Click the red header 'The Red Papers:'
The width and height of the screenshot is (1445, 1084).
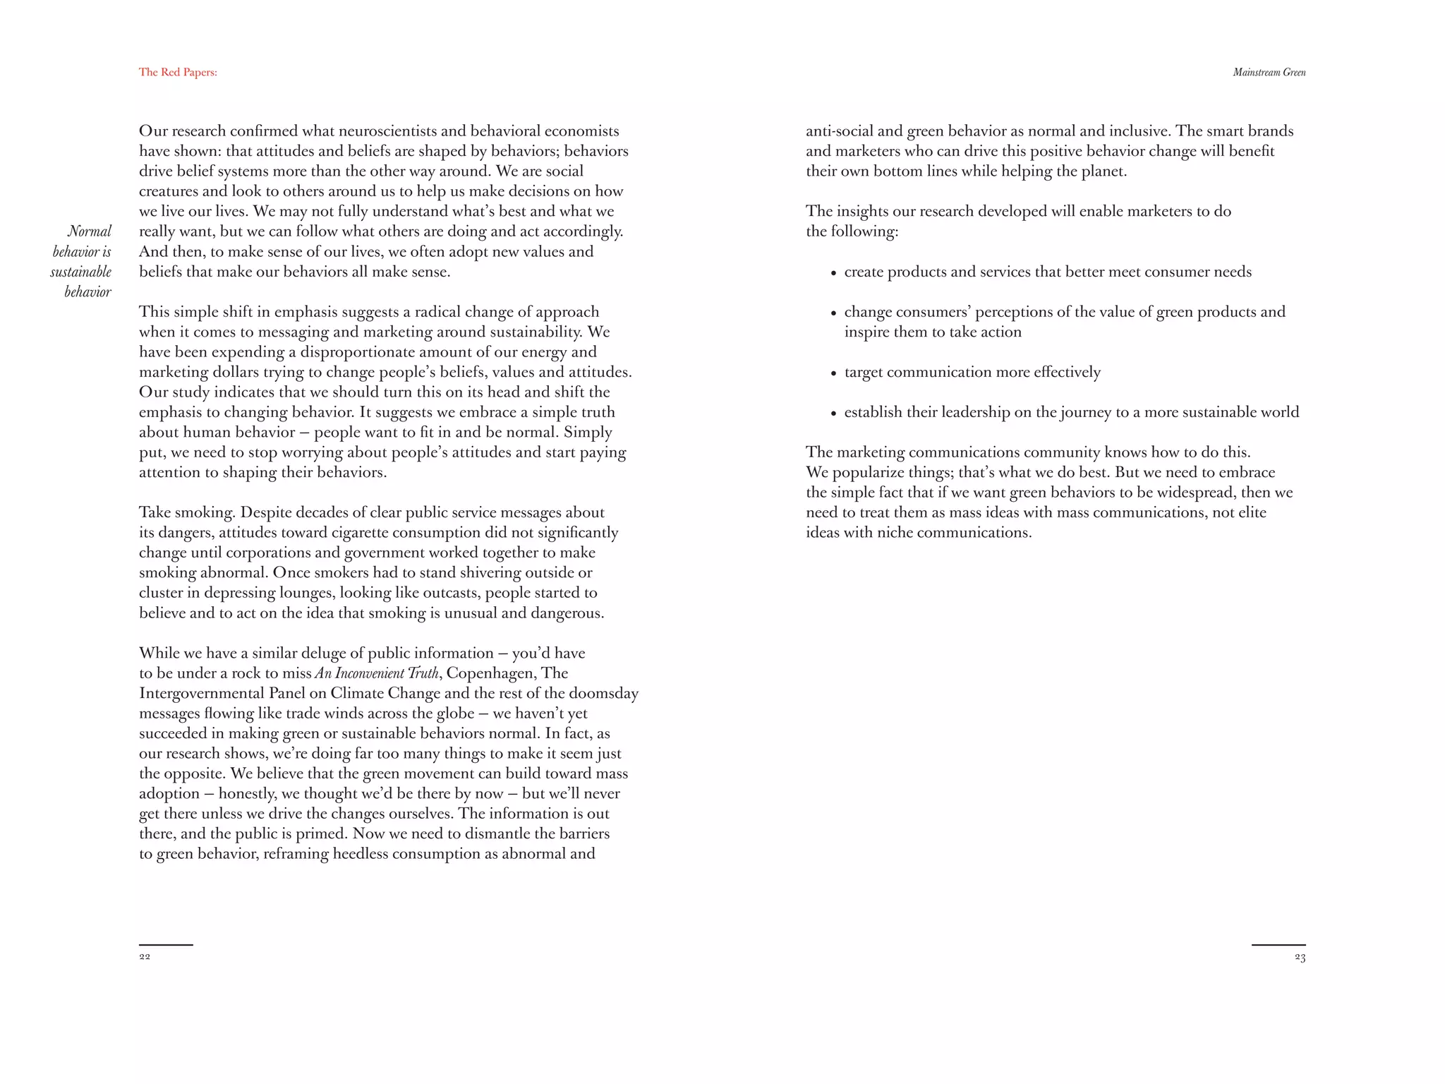coord(178,72)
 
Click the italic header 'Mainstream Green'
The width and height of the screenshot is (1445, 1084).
coord(1269,72)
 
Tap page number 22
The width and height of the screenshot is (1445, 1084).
coord(145,957)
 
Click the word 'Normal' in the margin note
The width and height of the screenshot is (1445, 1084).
coord(90,231)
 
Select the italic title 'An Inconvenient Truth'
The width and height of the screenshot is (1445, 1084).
coord(377,673)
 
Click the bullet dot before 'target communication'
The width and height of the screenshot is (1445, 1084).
coord(834,374)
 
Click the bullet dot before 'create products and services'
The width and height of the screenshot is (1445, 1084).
coord(834,274)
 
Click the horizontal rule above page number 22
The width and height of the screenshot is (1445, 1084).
coord(166,944)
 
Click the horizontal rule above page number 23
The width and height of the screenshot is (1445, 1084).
coord(1278,944)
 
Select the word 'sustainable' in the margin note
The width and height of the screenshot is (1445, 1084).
coord(81,272)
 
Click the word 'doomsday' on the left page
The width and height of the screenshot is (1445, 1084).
coord(603,693)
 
